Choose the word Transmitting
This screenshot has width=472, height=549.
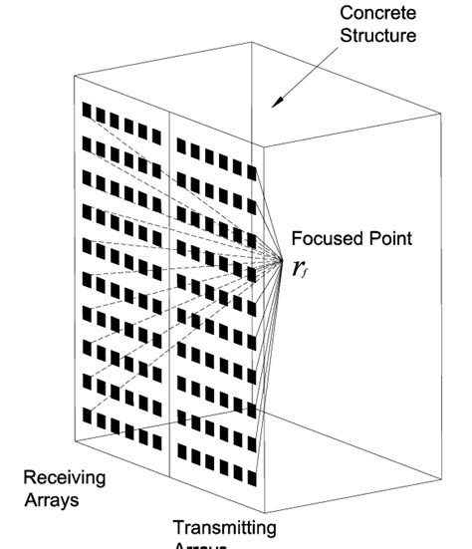pos(224,527)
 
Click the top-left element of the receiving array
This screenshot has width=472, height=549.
pos(87,110)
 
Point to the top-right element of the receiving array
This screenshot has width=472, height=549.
pos(155,136)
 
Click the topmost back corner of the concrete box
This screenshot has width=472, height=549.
pos(253,43)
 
